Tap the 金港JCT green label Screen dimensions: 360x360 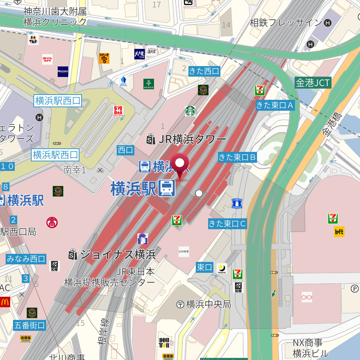coord(313,83)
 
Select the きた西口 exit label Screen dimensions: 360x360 coord(204,71)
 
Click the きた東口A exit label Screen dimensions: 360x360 coord(275,105)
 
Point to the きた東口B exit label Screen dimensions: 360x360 coord(237,157)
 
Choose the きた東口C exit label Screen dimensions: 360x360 coord(227,223)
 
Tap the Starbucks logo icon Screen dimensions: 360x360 coord(191,111)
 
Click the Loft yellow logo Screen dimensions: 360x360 coord(339,231)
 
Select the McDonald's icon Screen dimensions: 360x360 coord(5,302)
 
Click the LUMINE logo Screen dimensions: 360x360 coord(184,251)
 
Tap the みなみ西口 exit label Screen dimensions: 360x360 coord(26,259)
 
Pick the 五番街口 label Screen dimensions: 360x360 coord(30,325)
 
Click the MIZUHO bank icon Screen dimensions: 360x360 coord(63,71)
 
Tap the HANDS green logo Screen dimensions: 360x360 coord(149,84)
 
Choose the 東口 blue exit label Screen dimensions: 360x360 coord(205,268)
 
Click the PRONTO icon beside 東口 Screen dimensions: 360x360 coord(222,269)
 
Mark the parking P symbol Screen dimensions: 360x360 coord(354,289)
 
